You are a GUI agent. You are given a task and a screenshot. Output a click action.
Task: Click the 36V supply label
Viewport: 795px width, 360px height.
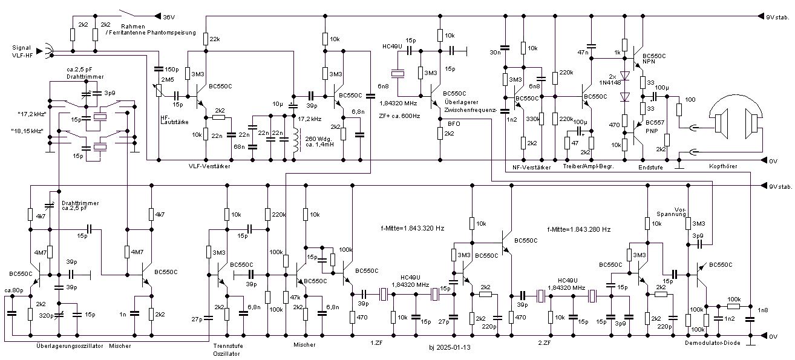pyautogui.click(x=169, y=17)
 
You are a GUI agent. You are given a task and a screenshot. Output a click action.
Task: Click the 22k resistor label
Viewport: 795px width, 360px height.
pyautogui.click(x=215, y=39)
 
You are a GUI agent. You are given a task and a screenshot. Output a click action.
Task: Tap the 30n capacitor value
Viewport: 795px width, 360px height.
pyautogui.click(x=494, y=52)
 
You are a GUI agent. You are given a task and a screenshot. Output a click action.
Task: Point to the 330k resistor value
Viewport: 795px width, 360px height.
pyautogui.click(x=532, y=120)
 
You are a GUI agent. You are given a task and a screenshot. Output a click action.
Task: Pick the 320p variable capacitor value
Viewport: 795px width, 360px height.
pyautogui.click(x=44, y=316)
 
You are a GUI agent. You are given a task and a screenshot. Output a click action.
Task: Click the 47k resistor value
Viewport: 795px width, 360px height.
pyautogui.click(x=295, y=298)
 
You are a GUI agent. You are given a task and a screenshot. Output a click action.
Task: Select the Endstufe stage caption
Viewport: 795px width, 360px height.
pyautogui.click(x=650, y=167)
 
